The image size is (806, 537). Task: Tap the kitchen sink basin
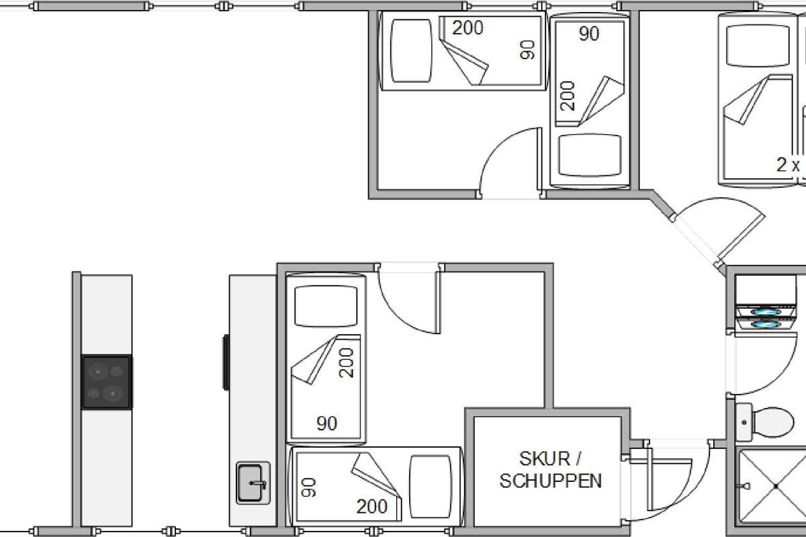click(251, 483)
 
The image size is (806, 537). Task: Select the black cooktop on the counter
click(106, 382)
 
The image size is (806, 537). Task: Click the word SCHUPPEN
click(551, 481)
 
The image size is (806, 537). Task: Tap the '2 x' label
click(789, 164)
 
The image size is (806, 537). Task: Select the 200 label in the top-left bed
click(467, 28)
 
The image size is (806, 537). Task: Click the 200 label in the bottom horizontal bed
click(372, 506)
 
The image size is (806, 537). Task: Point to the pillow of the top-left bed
click(411, 51)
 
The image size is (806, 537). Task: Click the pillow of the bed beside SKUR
click(431, 487)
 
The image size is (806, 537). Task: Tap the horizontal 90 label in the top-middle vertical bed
click(589, 34)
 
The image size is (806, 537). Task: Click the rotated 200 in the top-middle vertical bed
click(568, 96)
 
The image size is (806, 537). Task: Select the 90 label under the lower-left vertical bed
click(327, 424)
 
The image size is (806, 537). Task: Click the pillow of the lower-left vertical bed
click(326, 307)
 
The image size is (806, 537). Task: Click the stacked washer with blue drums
click(765, 303)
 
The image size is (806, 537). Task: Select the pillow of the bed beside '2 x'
click(758, 46)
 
